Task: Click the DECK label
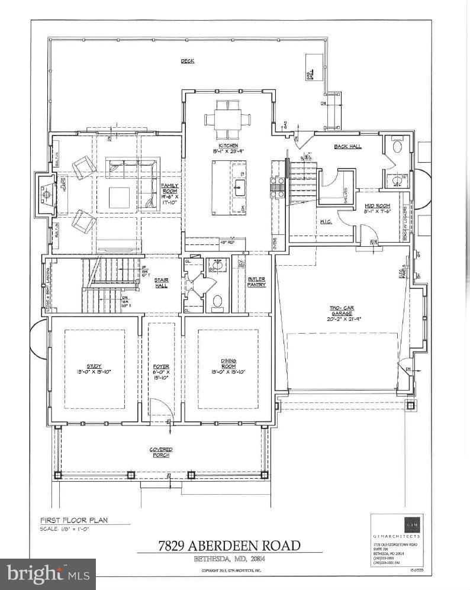tap(188, 61)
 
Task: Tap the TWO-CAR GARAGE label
tap(341, 313)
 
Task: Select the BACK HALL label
tap(347, 146)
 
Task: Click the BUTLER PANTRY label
tap(256, 282)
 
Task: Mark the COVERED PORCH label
tap(161, 452)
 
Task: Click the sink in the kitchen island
tap(240, 188)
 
